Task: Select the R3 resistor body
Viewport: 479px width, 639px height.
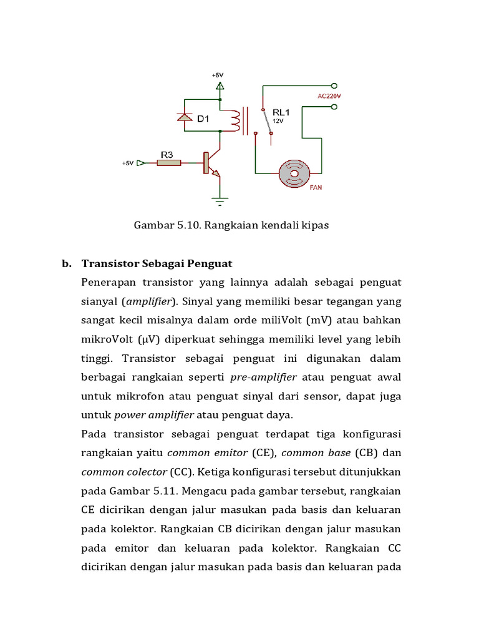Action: coord(168,163)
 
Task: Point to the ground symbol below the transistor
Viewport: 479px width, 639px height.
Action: coord(219,200)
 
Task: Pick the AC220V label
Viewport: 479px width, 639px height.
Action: coord(331,96)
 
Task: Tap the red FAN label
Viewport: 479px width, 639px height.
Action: coord(316,186)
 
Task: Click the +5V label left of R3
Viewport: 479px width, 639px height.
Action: coord(127,163)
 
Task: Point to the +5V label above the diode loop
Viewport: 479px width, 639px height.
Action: coord(217,75)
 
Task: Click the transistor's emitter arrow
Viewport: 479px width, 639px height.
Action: coord(215,175)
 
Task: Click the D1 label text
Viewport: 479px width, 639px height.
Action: coord(203,119)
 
